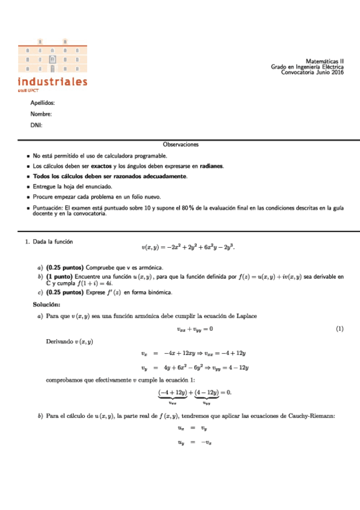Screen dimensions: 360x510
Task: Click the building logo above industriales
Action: coord(52,57)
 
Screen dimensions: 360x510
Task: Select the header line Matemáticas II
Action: coord(325,61)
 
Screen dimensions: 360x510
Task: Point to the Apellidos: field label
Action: coord(42,103)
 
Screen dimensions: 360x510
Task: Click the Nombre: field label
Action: coord(41,114)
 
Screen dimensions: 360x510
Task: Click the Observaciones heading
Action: coord(180,144)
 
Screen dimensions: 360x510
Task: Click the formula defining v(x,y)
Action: coord(195,247)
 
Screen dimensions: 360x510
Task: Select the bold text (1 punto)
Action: coord(59,277)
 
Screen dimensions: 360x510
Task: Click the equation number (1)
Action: coord(339,328)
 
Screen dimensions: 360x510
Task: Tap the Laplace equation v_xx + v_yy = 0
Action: coord(195,328)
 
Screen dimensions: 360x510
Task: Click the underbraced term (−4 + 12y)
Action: coord(172,392)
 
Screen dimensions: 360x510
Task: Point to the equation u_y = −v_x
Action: coord(195,442)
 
